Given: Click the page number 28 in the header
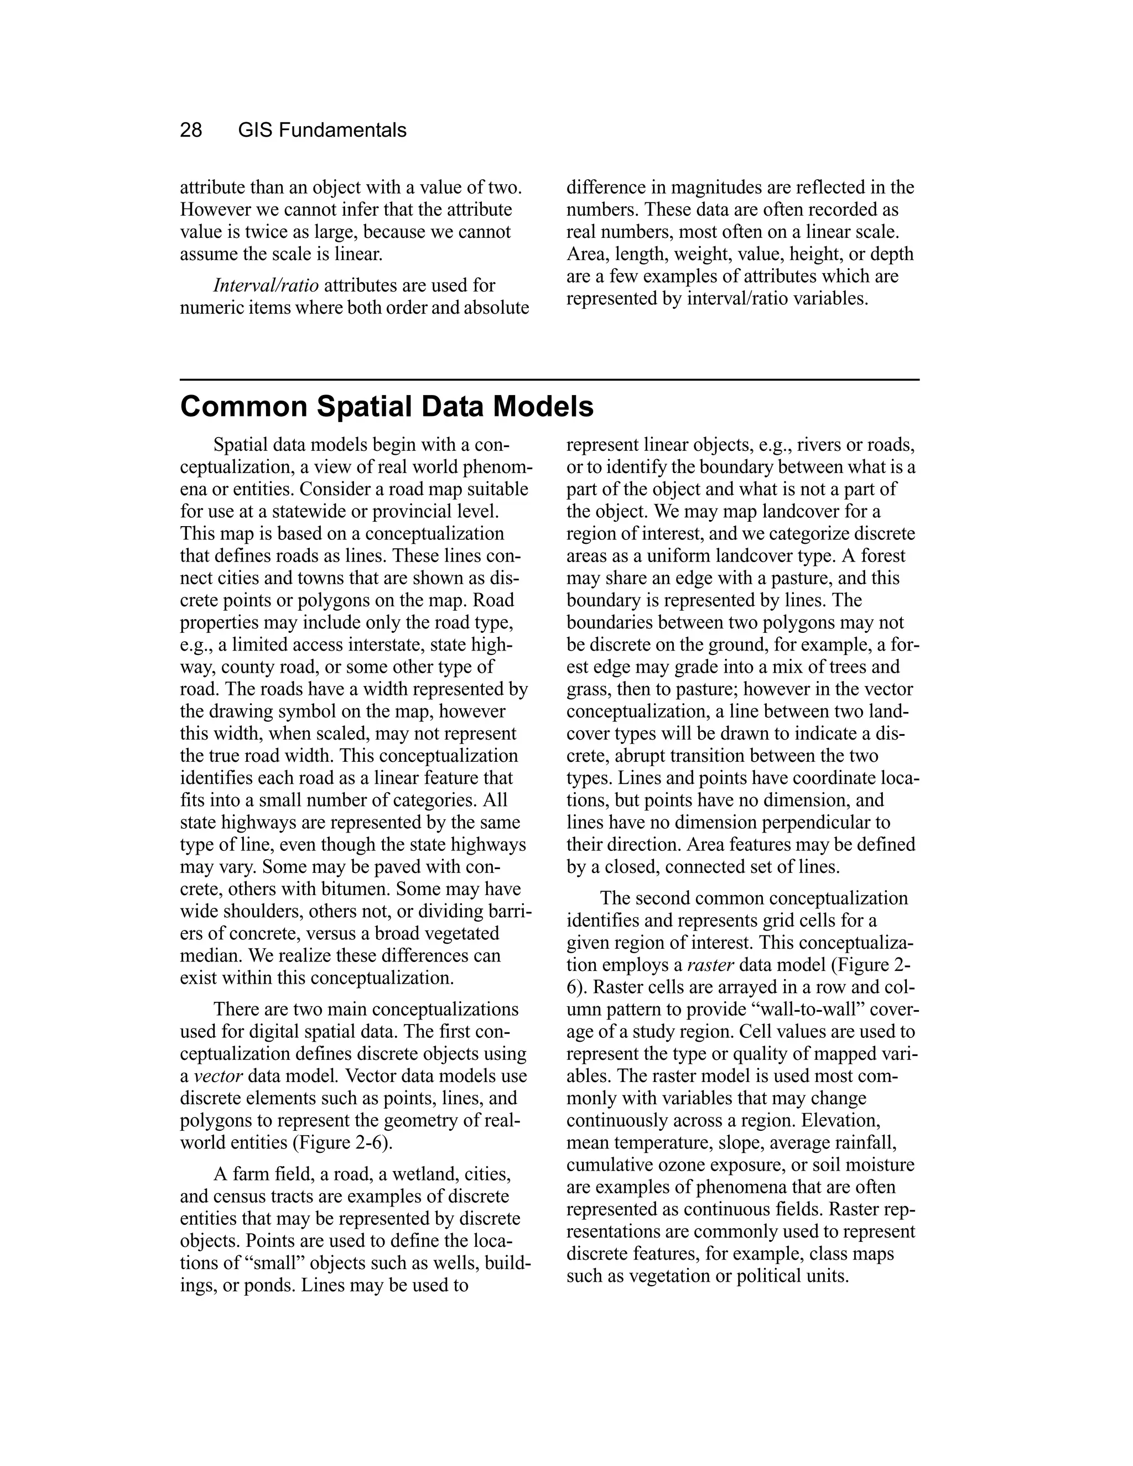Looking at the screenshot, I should pyautogui.click(x=191, y=130).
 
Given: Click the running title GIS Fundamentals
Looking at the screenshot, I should pyautogui.click(x=322, y=130).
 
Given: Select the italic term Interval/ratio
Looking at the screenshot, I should pyautogui.click(x=266, y=285).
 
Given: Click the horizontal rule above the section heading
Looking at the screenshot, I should pyautogui.click(x=549, y=380).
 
